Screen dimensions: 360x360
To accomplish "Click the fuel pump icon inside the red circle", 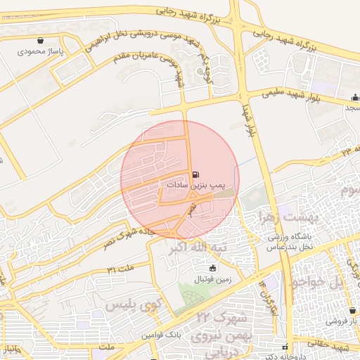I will click(195, 172).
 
